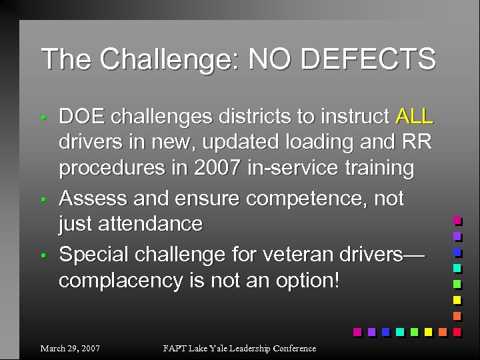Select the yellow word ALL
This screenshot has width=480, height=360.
(x=414, y=117)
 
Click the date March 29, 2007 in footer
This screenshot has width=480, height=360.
(x=70, y=348)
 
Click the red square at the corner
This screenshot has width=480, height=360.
(x=457, y=331)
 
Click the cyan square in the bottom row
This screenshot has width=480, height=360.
(x=399, y=331)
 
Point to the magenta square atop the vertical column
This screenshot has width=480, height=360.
(x=457, y=220)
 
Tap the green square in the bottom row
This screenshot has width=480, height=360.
(x=413, y=331)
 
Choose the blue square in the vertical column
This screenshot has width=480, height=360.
(x=457, y=252)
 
